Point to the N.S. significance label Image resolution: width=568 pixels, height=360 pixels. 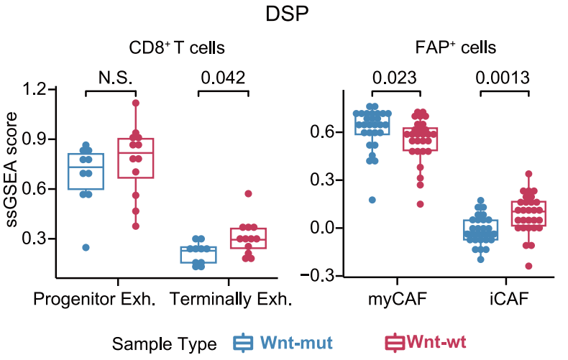click(110, 77)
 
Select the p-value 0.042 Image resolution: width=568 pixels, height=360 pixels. click(223, 77)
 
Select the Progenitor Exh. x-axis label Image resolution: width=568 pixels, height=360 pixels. click(105, 297)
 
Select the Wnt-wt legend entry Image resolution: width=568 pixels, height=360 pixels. click(436, 343)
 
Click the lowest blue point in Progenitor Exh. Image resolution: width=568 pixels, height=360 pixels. click(85, 247)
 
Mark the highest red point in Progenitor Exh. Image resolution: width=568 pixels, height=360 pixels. click(136, 103)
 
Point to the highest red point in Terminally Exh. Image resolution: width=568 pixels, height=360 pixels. click(248, 193)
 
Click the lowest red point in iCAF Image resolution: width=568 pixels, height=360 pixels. click(529, 266)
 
